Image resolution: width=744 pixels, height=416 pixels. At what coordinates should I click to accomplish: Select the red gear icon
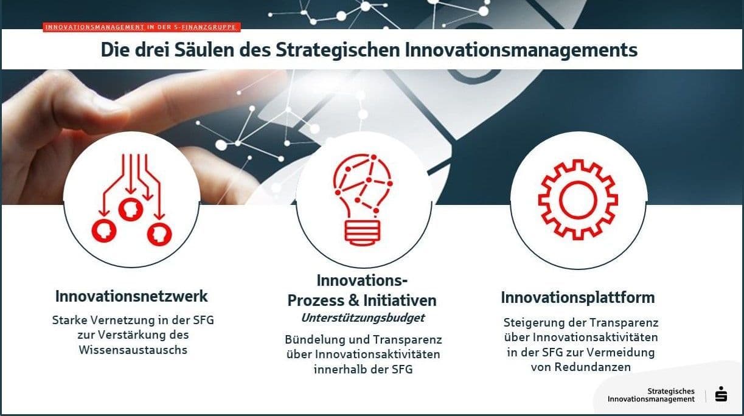578,199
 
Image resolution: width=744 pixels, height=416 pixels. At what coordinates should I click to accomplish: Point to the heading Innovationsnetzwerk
131,297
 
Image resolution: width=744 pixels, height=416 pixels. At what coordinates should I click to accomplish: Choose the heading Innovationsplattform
577,298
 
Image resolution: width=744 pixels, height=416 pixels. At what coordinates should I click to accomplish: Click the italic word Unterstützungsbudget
363,318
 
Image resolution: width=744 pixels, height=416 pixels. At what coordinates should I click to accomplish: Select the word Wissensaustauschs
133,350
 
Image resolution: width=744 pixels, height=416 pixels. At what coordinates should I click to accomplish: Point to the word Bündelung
314,339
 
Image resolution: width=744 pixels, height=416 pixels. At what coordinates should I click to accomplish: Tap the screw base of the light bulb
362,232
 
